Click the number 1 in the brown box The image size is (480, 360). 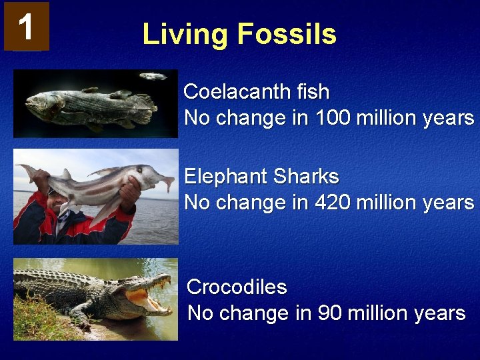pyautogui.click(x=25, y=26)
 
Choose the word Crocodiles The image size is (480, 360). pyautogui.click(x=237, y=287)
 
